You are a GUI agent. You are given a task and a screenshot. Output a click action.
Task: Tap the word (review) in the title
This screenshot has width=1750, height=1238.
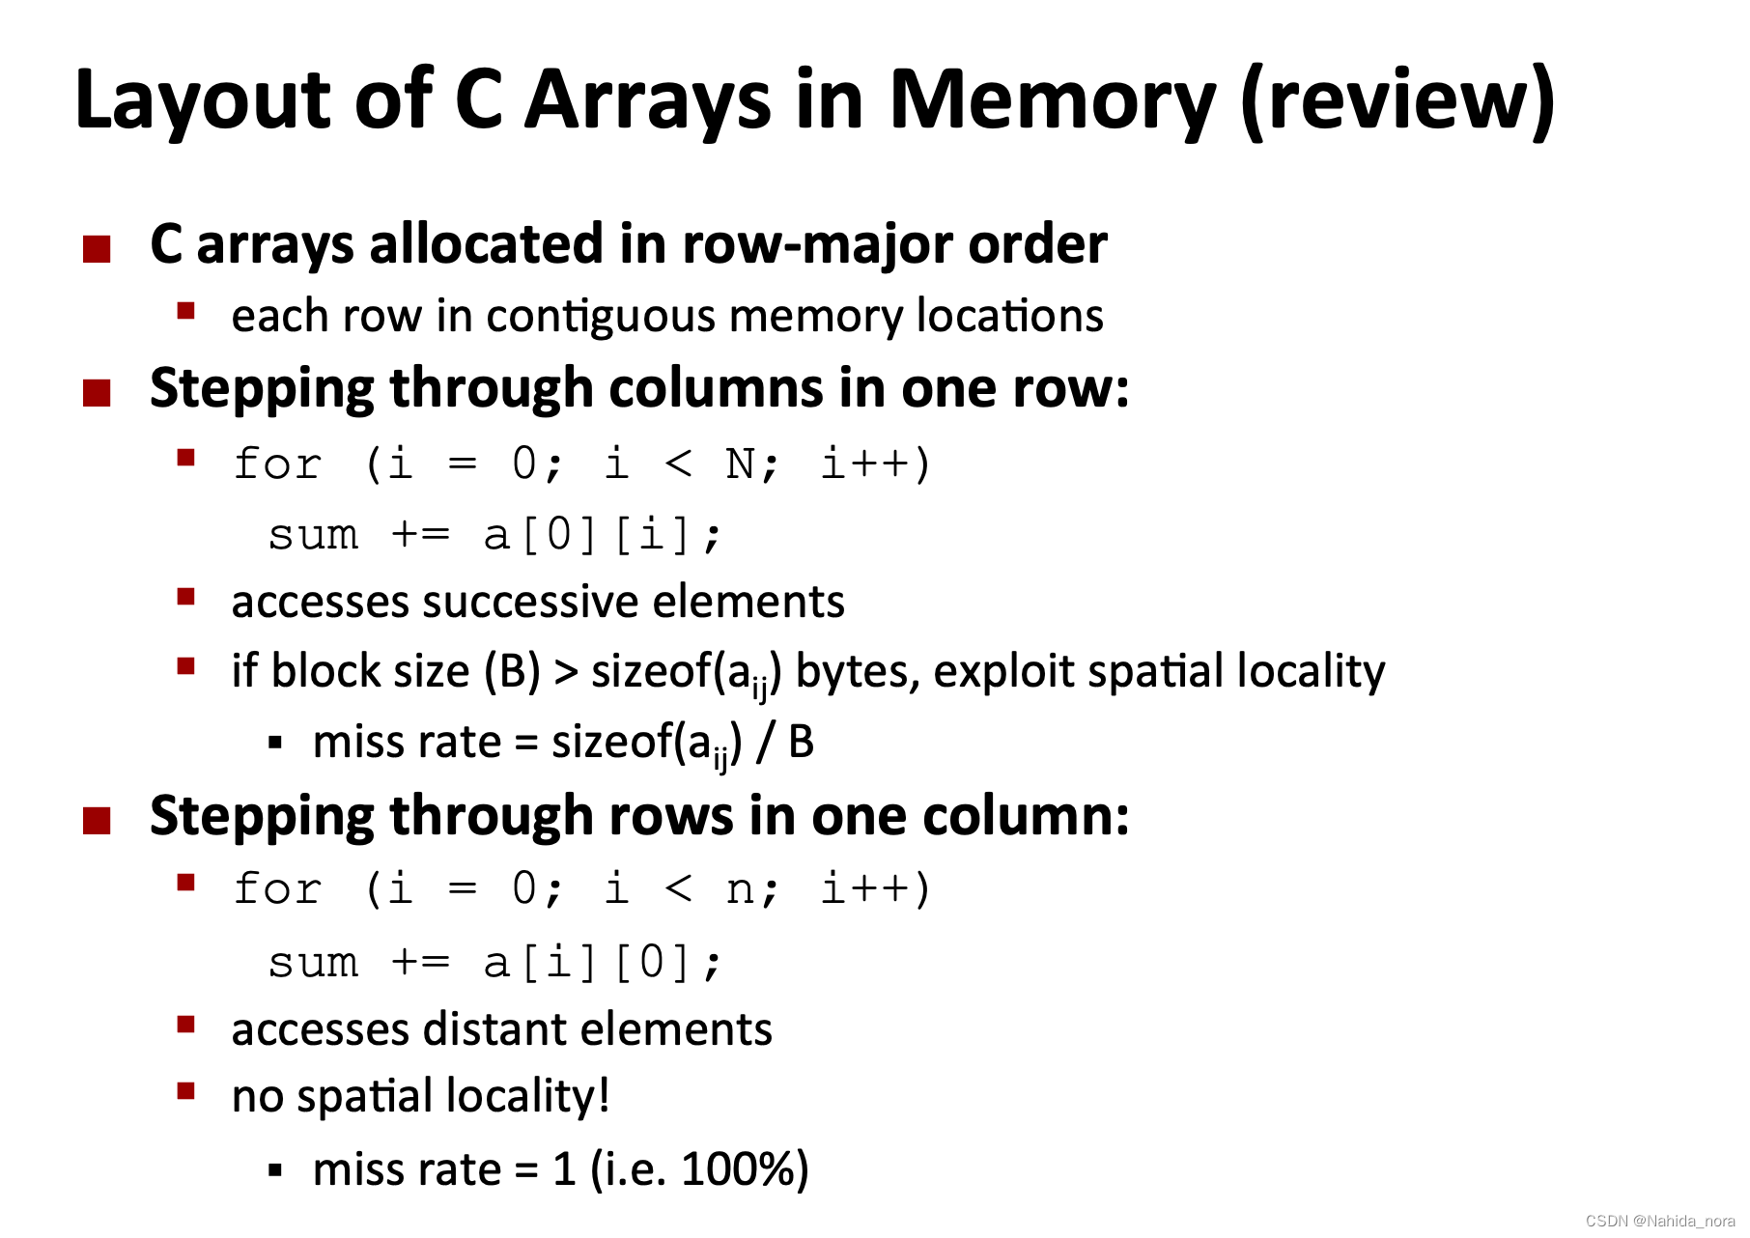pyautogui.click(x=1397, y=100)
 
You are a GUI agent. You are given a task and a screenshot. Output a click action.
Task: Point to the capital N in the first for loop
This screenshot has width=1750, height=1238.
pyautogui.click(x=740, y=464)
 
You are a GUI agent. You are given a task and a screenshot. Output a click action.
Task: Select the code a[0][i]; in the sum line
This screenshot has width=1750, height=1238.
pyautogui.click(x=602, y=535)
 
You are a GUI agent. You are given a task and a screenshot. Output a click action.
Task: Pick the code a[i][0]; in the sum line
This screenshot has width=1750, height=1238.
pyautogui.click(x=602, y=963)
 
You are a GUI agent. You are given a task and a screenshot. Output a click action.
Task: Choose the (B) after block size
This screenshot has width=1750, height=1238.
pyautogui.click(x=512, y=672)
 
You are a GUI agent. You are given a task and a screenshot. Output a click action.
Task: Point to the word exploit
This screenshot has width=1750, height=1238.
pyautogui.click(x=1003, y=672)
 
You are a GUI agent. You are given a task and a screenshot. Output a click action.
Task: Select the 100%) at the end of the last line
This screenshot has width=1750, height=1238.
pyautogui.click(x=744, y=1169)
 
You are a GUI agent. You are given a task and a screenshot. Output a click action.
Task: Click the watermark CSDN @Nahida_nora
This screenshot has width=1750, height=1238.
pyautogui.click(x=1659, y=1222)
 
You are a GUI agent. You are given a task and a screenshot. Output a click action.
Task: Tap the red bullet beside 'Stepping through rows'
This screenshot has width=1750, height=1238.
pyautogui.click(x=97, y=821)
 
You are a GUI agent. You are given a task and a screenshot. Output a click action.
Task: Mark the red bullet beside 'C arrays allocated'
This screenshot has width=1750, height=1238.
pyautogui.click(x=97, y=249)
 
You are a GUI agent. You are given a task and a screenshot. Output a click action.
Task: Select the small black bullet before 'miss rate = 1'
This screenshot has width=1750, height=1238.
pyautogui.click(x=275, y=1171)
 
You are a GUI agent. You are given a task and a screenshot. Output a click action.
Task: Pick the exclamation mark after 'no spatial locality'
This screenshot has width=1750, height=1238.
pyautogui.click(x=604, y=1096)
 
